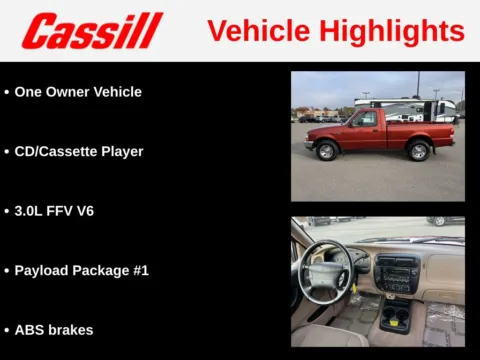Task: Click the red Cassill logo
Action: tap(91, 31)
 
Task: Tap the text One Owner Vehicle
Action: tap(78, 92)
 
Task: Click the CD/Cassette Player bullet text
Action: tap(79, 152)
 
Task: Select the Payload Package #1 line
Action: tap(81, 270)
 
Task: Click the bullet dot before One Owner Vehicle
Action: tap(7, 92)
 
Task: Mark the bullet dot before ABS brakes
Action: tap(7, 329)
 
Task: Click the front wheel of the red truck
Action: tap(326, 151)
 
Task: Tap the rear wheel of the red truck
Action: tap(418, 151)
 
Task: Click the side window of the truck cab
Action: tap(365, 119)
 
